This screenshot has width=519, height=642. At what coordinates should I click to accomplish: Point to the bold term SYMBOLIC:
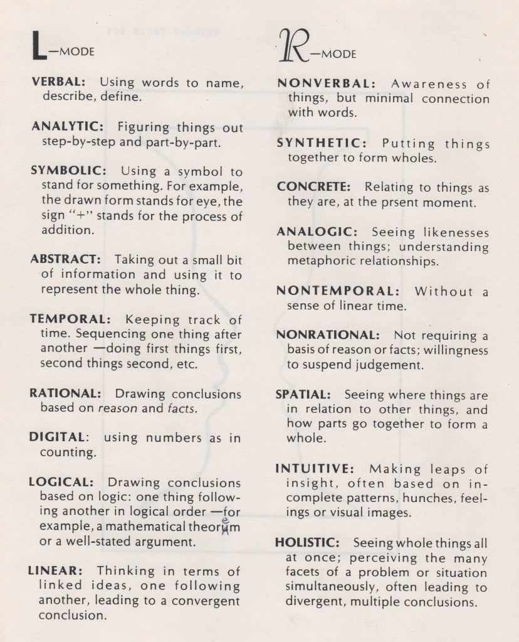(x=67, y=171)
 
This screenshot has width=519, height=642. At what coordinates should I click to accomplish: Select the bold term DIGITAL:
(x=60, y=438)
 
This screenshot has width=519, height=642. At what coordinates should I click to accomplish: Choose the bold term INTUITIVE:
(x=315, y=469)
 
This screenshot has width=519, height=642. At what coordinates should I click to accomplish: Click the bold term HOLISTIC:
(x=308, y=542)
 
